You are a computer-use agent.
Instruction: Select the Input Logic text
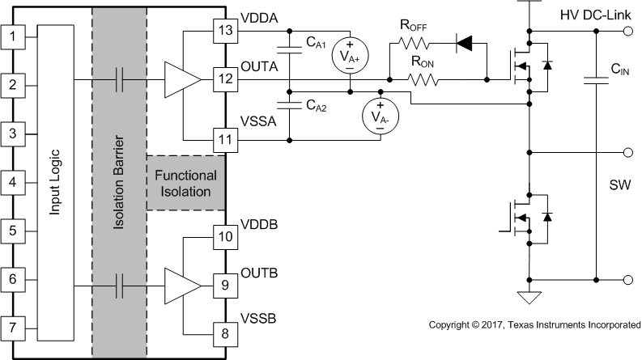tap(55, 182)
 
